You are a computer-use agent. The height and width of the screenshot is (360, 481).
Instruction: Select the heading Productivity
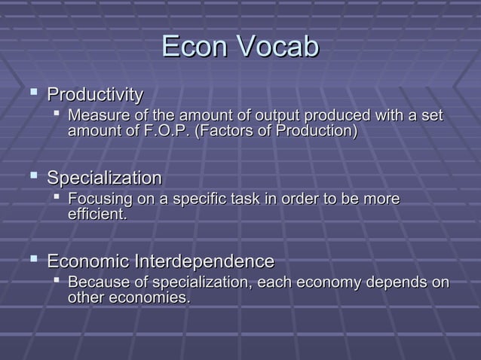(x=95, y=96)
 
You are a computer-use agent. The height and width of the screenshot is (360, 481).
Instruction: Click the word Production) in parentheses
(x=319, y=131)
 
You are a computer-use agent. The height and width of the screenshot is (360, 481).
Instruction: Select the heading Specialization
(x=104, y=179)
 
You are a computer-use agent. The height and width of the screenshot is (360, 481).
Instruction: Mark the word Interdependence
(x=204, y=262)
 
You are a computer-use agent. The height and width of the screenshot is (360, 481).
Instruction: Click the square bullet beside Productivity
(x=32, y=94)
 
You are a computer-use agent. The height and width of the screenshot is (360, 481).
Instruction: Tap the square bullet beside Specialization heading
(x=32, y=178)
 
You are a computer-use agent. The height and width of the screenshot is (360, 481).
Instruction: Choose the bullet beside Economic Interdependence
(x=32, y=261)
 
